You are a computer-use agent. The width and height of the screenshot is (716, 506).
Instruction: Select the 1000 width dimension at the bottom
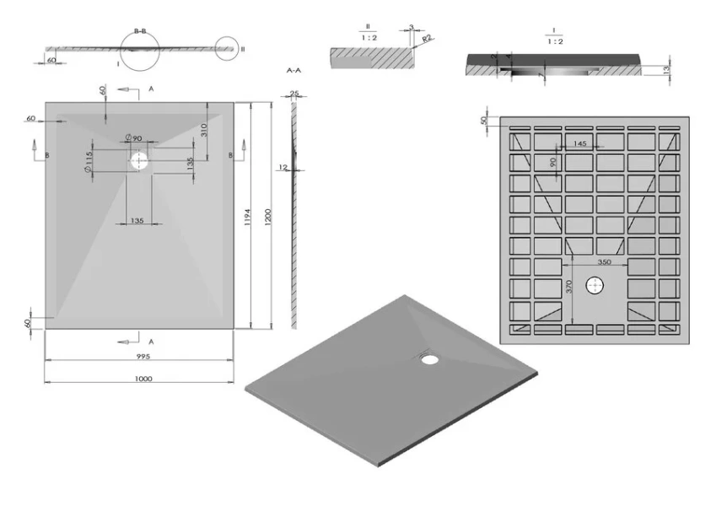point(143,379)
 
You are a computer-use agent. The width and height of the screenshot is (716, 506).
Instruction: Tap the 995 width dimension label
point(139,357)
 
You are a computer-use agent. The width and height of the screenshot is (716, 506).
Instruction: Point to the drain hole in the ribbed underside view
point(597,286)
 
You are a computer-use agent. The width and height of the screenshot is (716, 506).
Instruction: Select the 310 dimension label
point(203,131)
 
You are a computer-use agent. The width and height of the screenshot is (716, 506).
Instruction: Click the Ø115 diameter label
point(89,158)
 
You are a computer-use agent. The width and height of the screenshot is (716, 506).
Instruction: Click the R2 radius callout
point(427,38)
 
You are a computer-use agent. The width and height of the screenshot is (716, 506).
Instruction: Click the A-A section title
point(295,70)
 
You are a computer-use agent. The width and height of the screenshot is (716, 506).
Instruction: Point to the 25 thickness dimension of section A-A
point(295,93)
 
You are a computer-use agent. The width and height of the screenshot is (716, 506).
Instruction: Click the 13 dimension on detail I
point(666,69)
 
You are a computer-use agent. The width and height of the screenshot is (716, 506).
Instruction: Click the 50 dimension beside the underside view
point(484,121)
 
